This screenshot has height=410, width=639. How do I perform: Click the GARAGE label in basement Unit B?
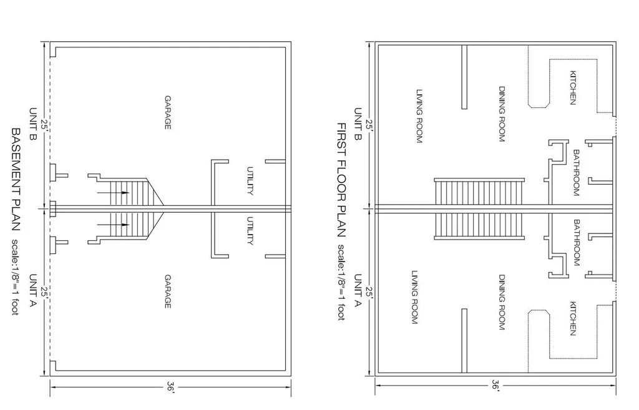167,112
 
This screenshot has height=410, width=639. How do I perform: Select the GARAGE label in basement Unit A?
167,291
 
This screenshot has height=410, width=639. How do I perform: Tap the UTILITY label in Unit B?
250,181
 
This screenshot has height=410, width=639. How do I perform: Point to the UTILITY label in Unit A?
250,231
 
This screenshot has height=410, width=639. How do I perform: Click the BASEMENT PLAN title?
16,179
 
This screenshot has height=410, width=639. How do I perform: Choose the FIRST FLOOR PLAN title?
341,180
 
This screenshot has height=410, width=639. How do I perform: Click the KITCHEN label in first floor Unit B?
573,88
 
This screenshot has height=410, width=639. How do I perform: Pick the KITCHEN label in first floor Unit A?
573,318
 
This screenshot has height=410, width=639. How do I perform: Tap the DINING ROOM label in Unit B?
502,114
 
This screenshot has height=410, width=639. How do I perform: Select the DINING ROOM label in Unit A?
502,302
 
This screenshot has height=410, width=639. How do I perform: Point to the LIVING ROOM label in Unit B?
419,116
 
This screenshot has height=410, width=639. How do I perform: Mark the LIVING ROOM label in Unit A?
415,297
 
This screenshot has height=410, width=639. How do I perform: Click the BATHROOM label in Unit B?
576,173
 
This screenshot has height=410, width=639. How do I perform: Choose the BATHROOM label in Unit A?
576,243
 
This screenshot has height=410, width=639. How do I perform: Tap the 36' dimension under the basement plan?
171,387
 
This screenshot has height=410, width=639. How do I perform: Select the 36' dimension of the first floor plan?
495,385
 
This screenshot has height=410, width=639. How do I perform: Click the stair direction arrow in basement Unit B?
113,192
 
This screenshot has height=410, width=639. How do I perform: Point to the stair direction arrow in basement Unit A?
113,225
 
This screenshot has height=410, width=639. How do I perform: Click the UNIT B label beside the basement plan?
33,124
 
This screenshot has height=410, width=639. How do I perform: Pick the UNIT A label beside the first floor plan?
358,291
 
